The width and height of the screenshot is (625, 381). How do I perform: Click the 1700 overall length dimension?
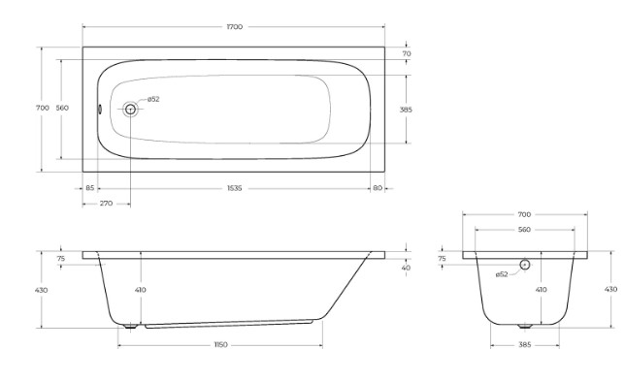tap(235, 27)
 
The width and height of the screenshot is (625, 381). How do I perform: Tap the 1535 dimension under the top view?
tap(235, 188)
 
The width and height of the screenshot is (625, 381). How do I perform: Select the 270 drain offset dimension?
tap(106, 204)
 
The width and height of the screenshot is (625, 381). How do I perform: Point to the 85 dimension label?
tap(90, 188)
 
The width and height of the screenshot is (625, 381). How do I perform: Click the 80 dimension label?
tap(378, 188)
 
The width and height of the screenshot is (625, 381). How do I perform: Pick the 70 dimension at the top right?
tap(407, 53)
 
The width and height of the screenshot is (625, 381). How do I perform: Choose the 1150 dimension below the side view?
tap(220, 345)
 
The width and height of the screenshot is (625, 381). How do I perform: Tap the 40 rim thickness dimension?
tap(406, 268)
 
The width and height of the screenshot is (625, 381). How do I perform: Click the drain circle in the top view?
tap(130, 109)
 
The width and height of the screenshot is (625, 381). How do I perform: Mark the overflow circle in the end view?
tap(525, 265)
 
